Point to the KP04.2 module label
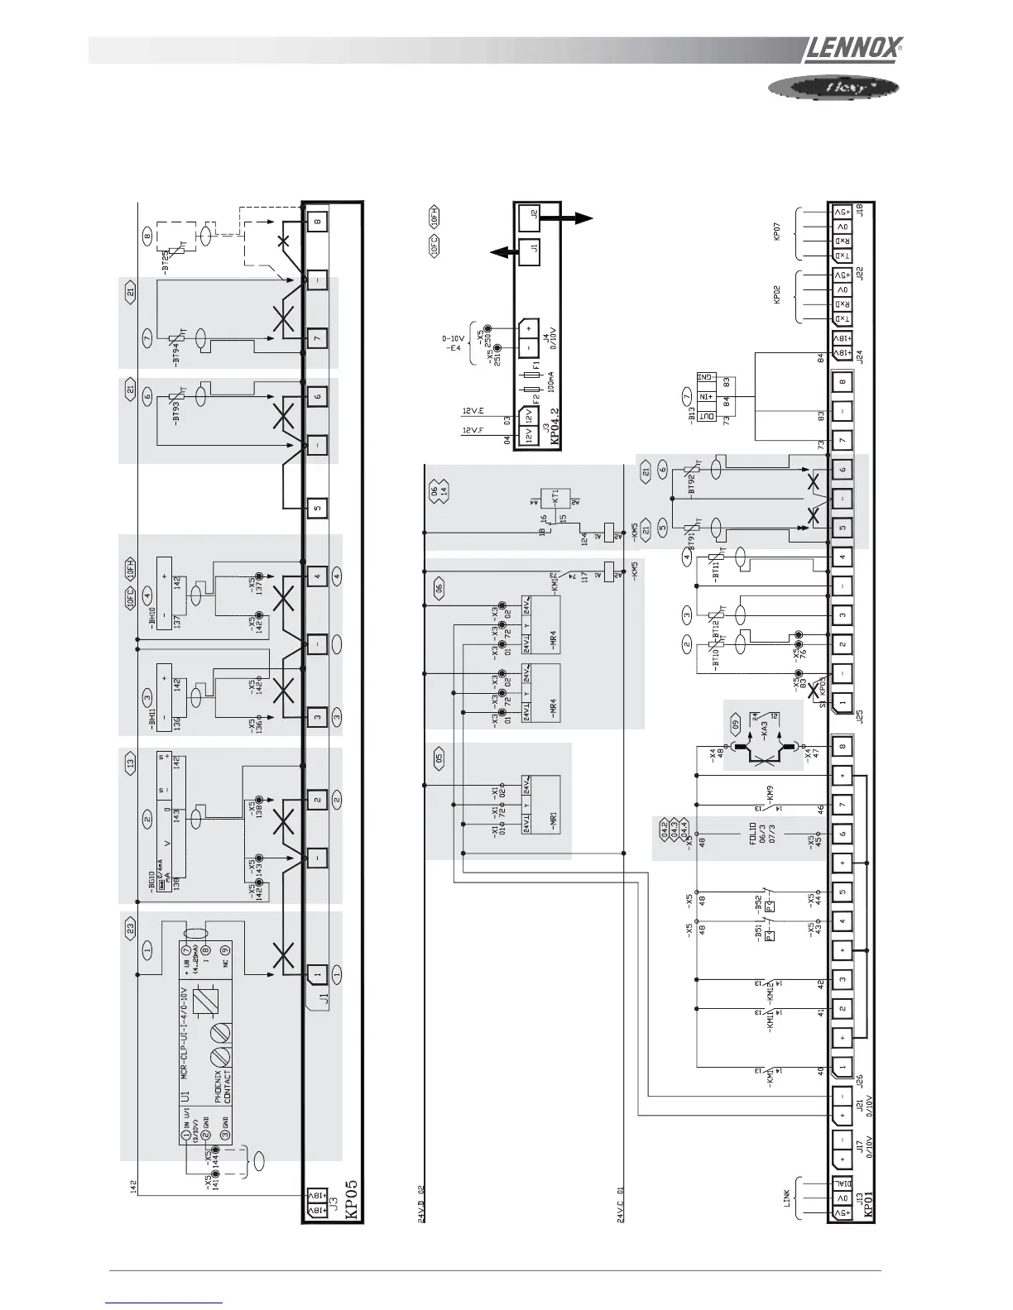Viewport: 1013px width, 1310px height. click(555, 422)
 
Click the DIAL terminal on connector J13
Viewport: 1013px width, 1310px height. click(842, 1184)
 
